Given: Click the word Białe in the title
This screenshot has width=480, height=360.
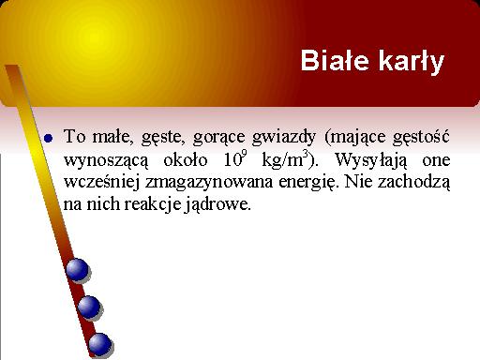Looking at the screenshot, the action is coord(335,60).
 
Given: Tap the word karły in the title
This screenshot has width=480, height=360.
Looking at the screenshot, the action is coord(412,62).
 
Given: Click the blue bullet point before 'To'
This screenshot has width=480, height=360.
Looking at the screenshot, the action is coord(49,138).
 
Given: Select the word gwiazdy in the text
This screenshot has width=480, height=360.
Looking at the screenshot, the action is coord(284,137).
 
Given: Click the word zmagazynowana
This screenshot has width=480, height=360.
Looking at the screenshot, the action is coord(209,182).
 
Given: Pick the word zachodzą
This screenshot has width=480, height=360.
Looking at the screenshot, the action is coord(413,182).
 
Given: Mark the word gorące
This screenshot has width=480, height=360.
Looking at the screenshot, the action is coord(218,138).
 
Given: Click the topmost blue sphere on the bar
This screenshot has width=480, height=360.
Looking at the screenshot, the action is coord(77,270).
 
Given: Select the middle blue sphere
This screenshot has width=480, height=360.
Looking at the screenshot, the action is coord(89,307).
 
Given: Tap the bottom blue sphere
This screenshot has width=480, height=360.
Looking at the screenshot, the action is coord(100,344).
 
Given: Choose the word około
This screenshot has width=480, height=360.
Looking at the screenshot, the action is coord(186,159).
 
